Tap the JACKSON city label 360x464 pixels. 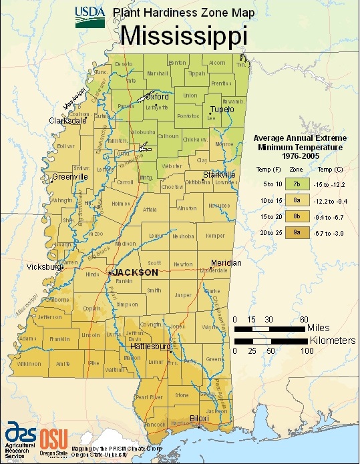136,273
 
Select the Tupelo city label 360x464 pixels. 220,109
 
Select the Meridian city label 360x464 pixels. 226,263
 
